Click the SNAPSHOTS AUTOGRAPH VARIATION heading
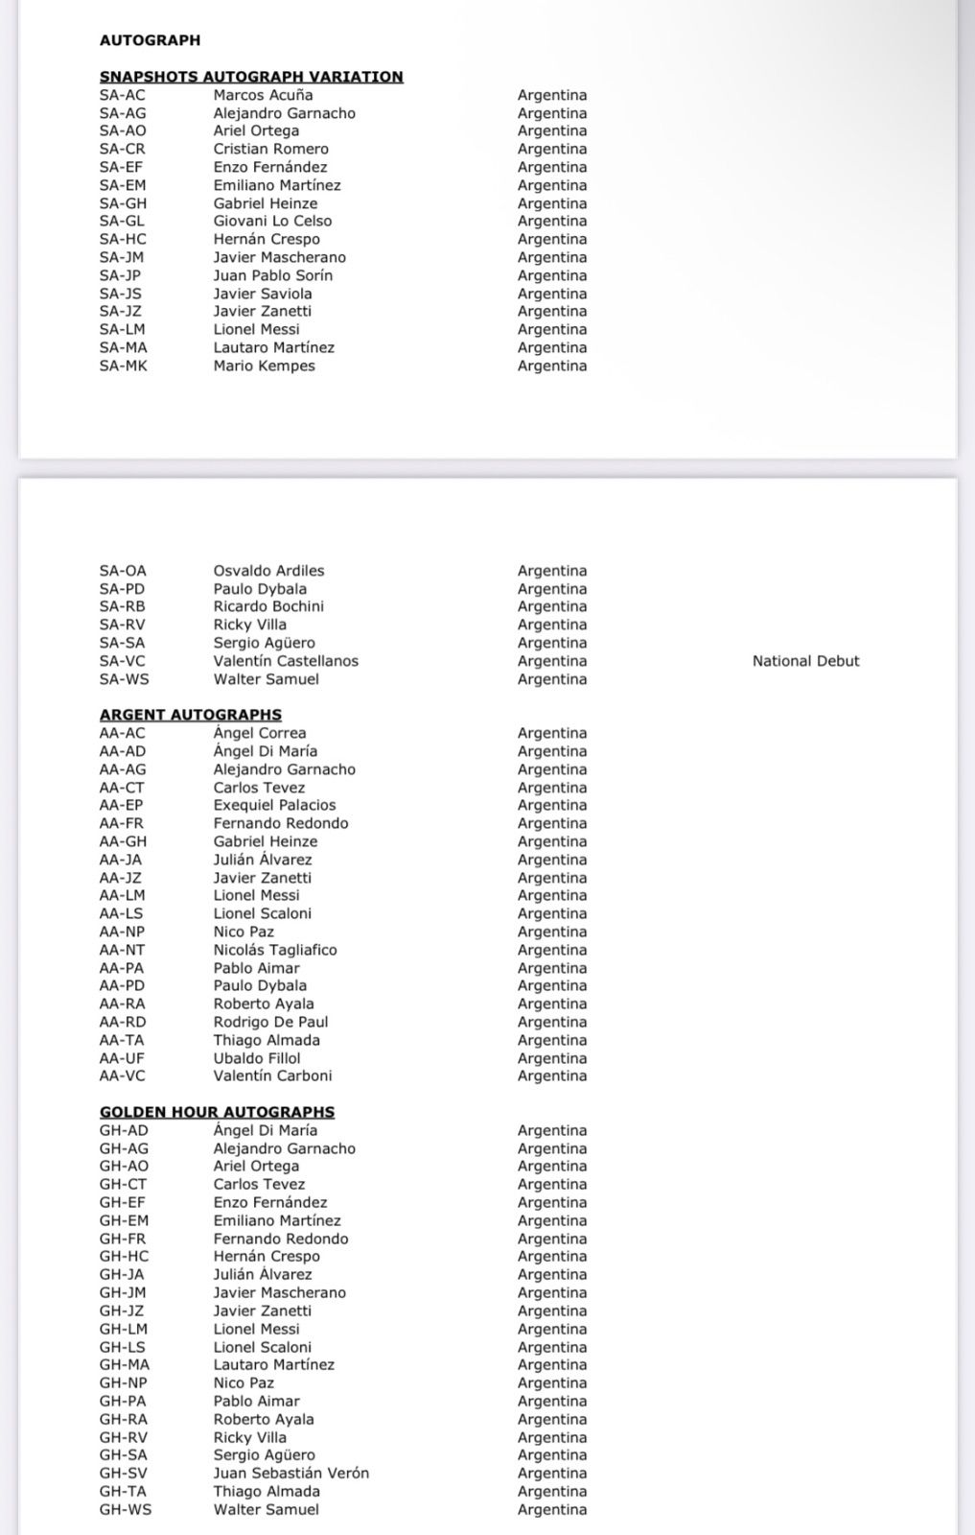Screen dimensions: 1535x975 (251, 77)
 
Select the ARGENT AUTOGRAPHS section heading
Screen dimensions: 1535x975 (191, 715)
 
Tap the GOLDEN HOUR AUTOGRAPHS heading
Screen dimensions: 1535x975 (217, 1112)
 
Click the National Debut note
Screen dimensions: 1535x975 (805, 661)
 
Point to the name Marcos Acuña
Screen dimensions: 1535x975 (263, 95)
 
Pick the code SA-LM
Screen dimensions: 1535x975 (123, 329)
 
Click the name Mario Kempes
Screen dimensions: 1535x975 (264, 366)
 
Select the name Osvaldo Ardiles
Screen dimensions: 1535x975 (268, 571)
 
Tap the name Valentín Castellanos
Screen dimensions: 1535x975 (286, 661)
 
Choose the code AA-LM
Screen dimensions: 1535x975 (123, 895)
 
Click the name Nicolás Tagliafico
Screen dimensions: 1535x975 (275, 950)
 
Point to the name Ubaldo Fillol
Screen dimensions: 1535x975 (257, 1058)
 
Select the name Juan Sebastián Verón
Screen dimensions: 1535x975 (290, 1473)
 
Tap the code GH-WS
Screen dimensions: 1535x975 (126, 1509)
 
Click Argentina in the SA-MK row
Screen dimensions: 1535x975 (552, 366)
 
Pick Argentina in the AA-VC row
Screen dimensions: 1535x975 (552, 1075)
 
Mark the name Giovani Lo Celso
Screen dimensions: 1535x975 (272, 221)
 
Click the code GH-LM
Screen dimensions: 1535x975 (124, 1329)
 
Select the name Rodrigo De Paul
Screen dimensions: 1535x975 (270, 1022)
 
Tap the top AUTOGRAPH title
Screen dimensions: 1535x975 (150, 40)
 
